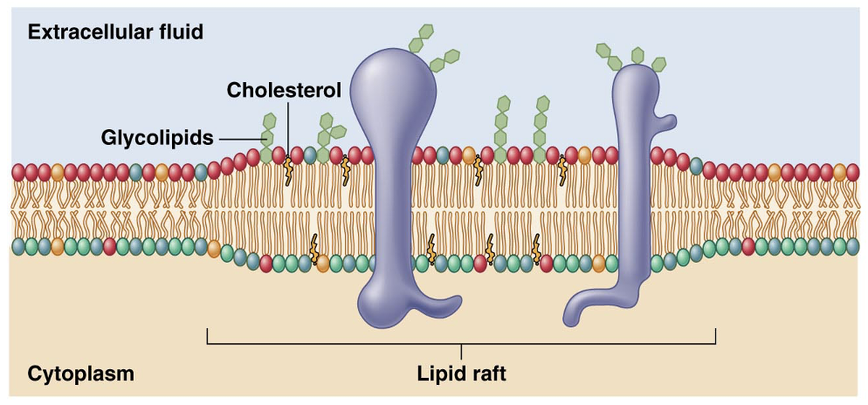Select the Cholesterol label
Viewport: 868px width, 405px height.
click(x=284, y=90)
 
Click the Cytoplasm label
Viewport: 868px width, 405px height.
click(x=80, y=374)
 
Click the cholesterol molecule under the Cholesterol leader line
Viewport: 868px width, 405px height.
click(x=287, y=169)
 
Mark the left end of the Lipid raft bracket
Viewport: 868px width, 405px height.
click(x=207, y=336)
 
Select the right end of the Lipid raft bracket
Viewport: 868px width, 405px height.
click(x=715, y=336)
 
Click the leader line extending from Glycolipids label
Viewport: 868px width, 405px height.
click(x=241, y=137)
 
